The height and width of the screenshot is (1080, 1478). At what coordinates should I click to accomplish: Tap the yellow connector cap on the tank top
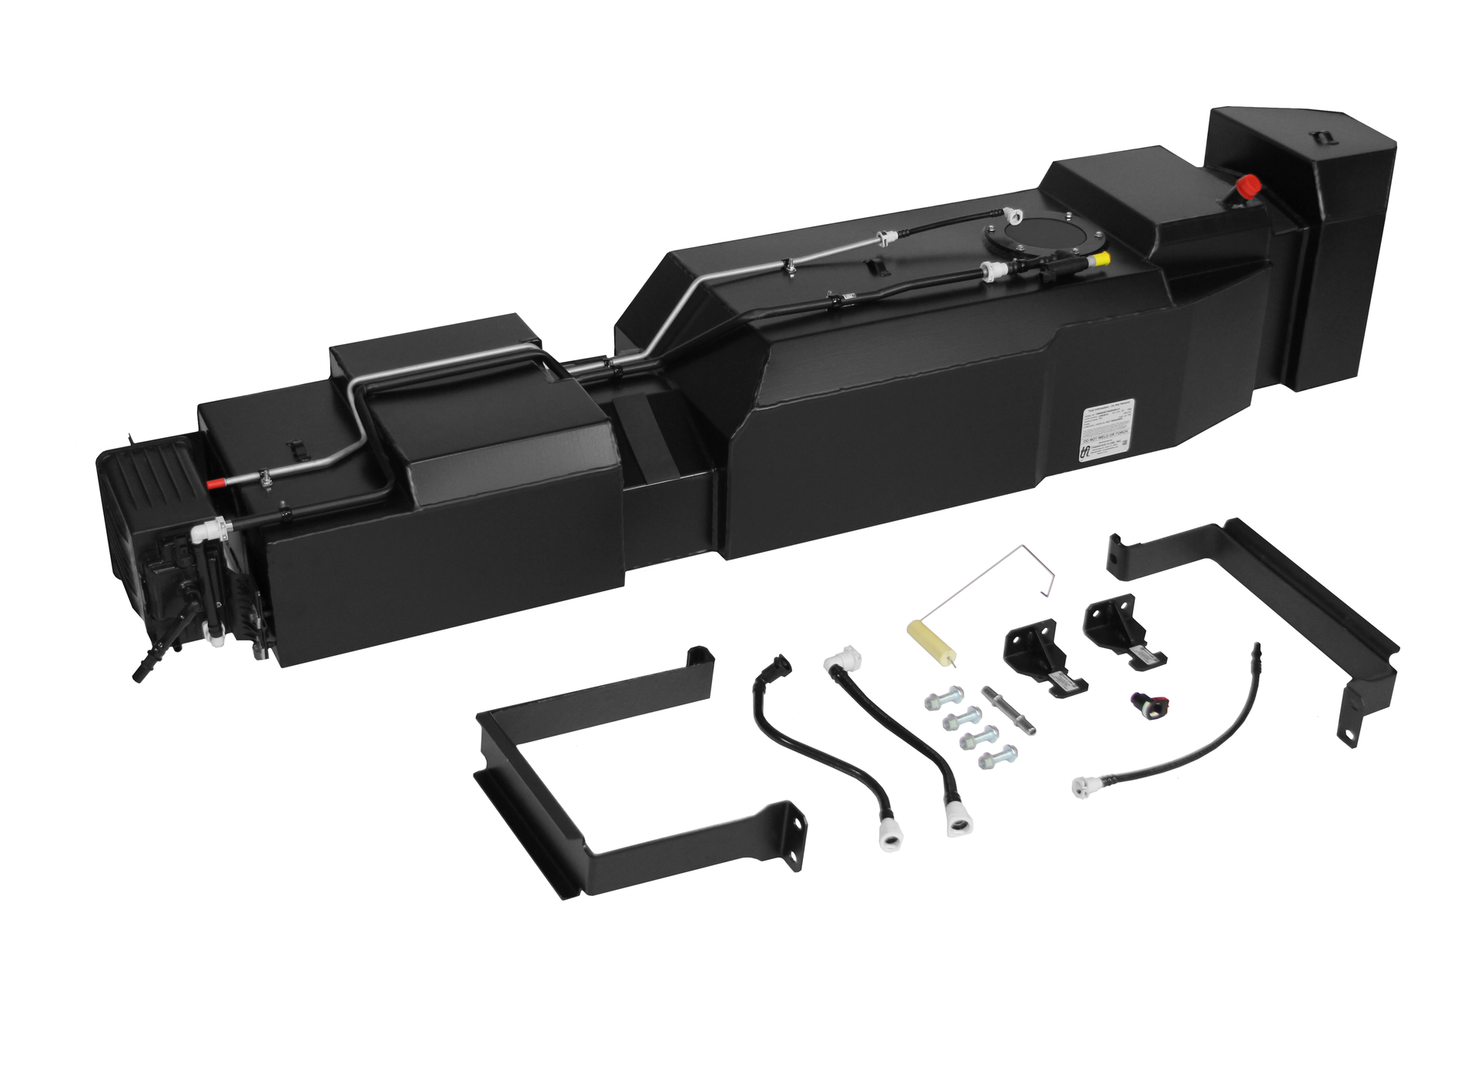[1102, 259]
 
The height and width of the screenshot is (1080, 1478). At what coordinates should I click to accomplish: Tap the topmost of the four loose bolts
[943, 700]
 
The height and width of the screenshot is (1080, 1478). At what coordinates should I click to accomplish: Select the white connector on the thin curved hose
[1086, 785]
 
